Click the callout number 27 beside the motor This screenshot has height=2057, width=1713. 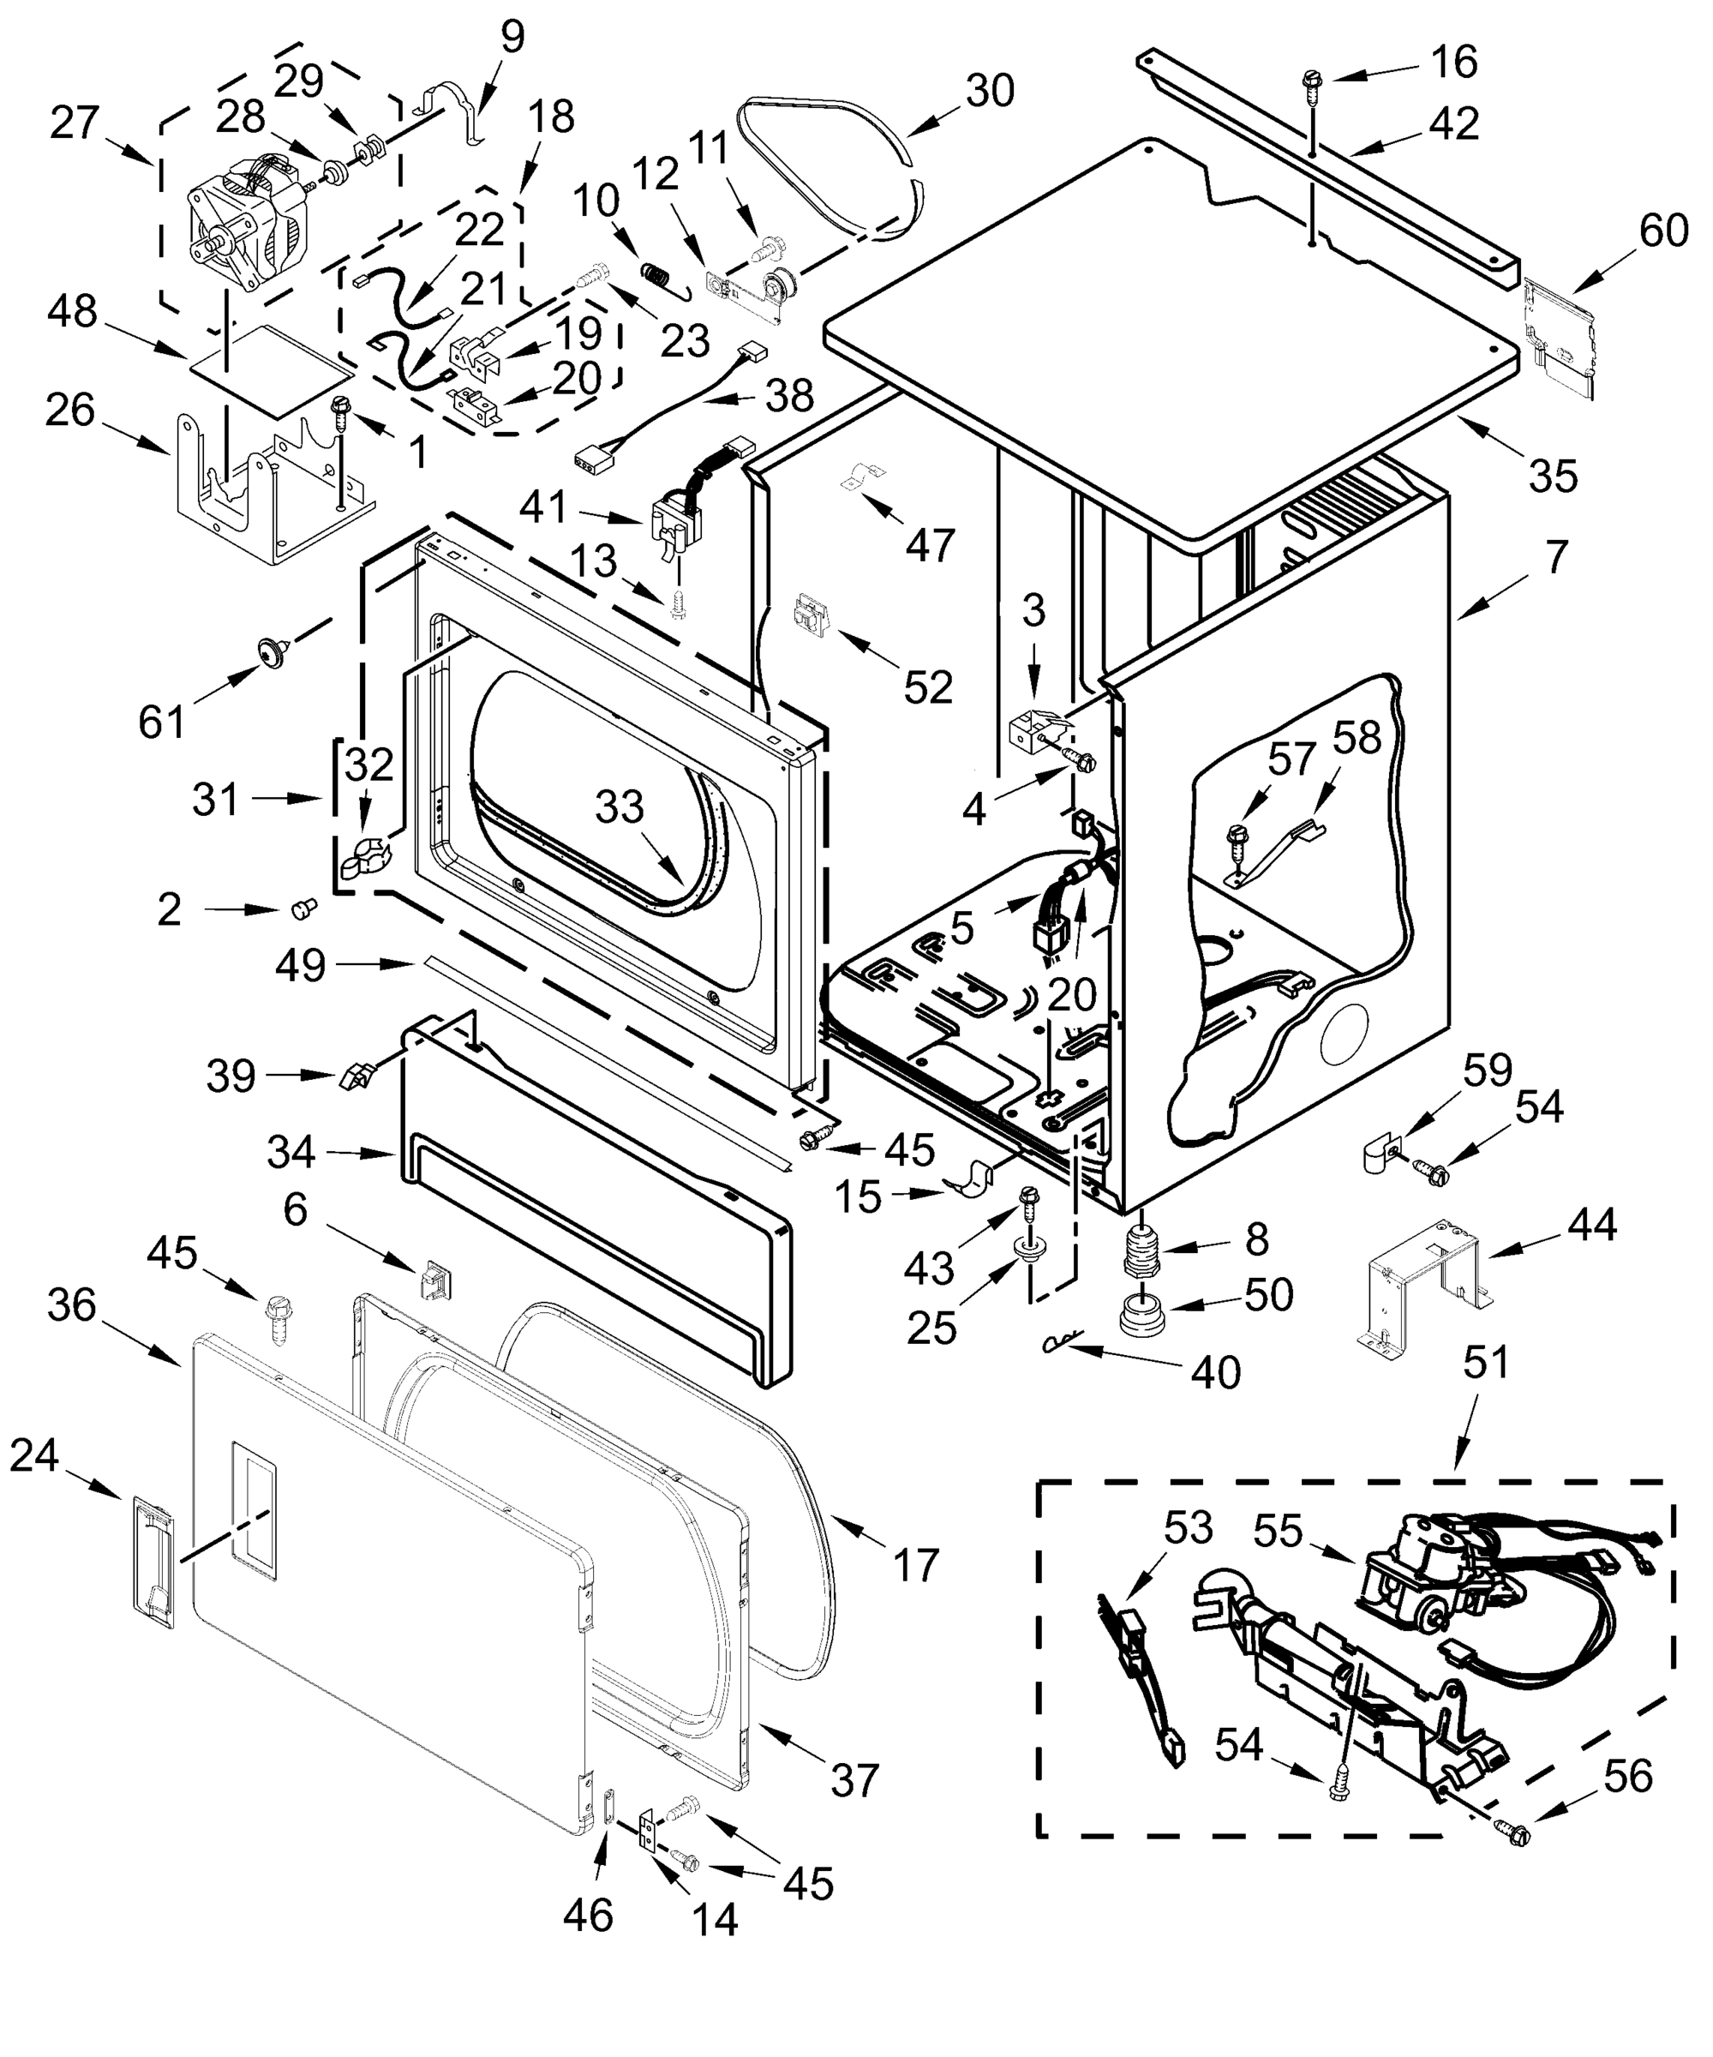coord(75,124)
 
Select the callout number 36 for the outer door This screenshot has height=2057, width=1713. coord(71,1304)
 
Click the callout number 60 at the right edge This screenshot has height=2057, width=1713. coord(1663,231)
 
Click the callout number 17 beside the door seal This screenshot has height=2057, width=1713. coord(916,1564)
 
